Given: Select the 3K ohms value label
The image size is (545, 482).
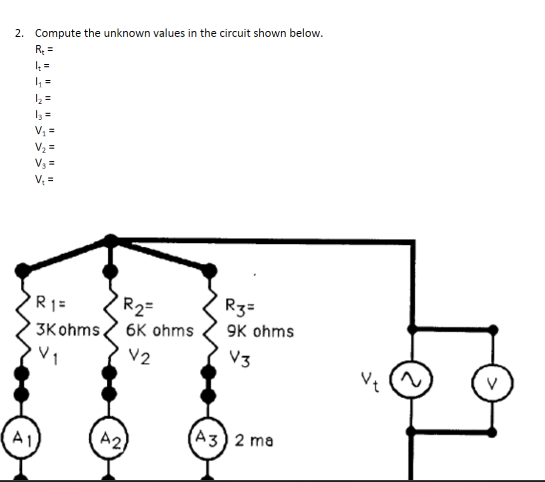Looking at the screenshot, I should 68,329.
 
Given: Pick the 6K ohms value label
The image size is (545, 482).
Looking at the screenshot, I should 159,330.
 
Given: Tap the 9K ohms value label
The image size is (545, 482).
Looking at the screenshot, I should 260,331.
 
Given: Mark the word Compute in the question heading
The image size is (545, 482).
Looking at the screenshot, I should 58,33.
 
